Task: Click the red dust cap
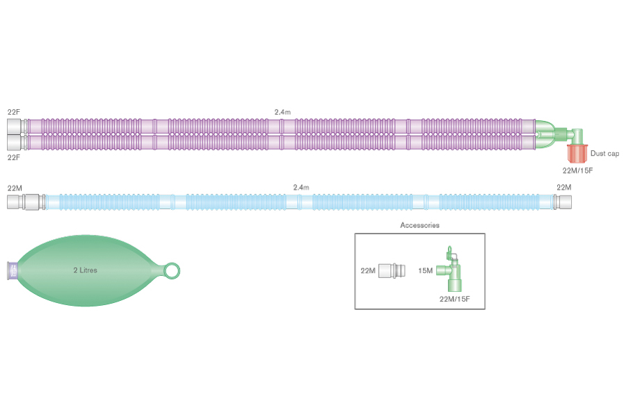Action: coord(577,153)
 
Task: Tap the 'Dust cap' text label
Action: coord(604,154)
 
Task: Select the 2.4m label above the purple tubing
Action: coord(282,112)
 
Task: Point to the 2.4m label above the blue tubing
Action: coord(301,188)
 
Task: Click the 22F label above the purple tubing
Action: coord(14,113)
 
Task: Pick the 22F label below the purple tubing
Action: coord(14,158)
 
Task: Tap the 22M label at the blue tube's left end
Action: coord(15,188)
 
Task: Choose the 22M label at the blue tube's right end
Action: coord(563,188)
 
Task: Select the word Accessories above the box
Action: coord(419,225)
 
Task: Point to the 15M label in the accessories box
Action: coord(426,270)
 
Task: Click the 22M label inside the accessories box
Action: coord(368,270)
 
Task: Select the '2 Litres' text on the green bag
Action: coord(85,270)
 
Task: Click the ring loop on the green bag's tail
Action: coord(172,270)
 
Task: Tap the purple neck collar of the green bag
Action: coord(12,270)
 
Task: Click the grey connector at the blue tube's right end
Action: coord(564,202)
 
